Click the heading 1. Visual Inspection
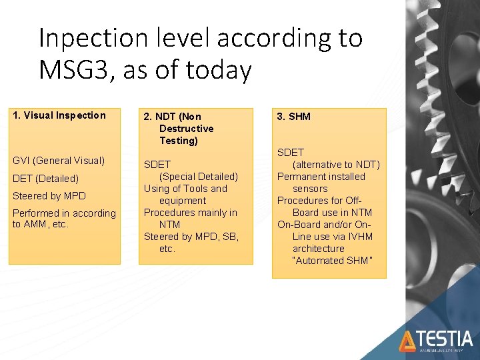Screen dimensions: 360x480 point(59,115)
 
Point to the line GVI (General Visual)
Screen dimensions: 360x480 point(59,161)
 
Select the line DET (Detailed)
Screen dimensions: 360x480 point(45,179)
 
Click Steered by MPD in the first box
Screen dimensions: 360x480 point(49,196)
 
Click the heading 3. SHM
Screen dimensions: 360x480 point(294,117)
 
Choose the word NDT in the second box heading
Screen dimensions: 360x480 point(172,117)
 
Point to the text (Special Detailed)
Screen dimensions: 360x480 point(198,177)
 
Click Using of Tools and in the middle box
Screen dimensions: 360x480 point(185,189)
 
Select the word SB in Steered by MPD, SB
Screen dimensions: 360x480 point(231,237)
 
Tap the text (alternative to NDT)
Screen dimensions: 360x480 point(336,165)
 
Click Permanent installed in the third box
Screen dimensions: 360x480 point(321,177)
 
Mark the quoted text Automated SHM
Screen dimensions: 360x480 point(330,261)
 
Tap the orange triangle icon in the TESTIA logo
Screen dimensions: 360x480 point(407,341)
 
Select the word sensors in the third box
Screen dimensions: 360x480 point(310,189)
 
